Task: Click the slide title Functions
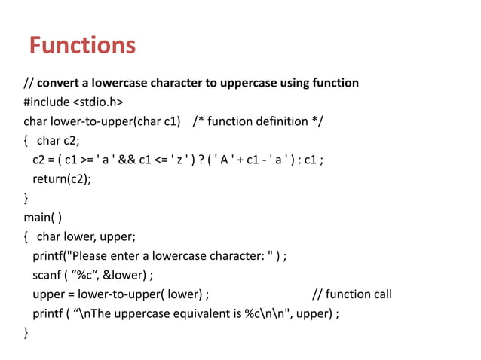click(82, 46)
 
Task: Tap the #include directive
click(46, 102)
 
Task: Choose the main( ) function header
click(43, 218)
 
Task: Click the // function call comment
click(352, 294)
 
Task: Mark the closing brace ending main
click(26, 333)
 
